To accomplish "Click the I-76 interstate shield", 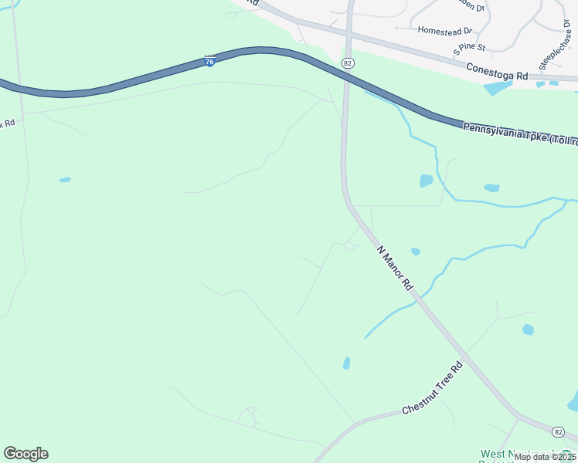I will click(209, 60).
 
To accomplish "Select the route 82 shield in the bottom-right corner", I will click(559, 430).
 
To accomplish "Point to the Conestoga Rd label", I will click(496, 73).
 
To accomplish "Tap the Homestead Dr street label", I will click(444, 31).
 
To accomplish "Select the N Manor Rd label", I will click(395, 267).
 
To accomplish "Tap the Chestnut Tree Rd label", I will click(432, 387).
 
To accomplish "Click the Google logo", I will click(25, 454).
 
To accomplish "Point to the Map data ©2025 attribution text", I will click(544, 457).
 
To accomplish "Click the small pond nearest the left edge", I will click(65, 180).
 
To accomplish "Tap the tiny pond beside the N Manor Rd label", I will click(416, 252).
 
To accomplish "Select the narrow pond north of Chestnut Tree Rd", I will click(346, 363).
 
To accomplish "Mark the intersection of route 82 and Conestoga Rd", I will click(349, 31).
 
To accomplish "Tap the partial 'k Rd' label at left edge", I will click(8, 123).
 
